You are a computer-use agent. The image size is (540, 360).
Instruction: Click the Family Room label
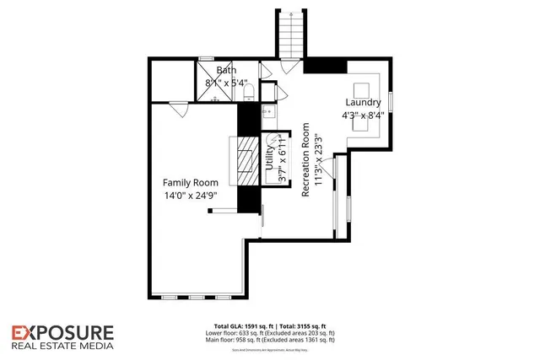[191, 182]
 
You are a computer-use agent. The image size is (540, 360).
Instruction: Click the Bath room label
[226, 71]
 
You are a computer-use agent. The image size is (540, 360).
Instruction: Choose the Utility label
[272, 160]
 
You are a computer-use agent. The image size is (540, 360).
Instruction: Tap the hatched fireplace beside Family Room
[246, 162]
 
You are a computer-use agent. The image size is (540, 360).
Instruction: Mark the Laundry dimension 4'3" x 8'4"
[364, 115]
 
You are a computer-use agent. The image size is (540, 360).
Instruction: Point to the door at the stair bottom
[265, 71]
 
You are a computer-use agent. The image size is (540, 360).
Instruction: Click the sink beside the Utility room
[268, 110]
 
